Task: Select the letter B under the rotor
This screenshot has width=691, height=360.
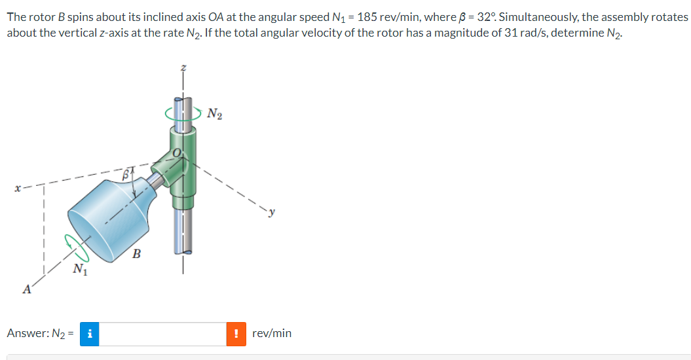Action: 137,254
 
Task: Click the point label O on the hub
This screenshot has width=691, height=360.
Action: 176,153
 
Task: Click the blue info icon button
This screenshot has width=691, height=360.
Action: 89,334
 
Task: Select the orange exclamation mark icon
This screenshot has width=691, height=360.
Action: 236,334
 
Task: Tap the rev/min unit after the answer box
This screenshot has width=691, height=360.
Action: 272,334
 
